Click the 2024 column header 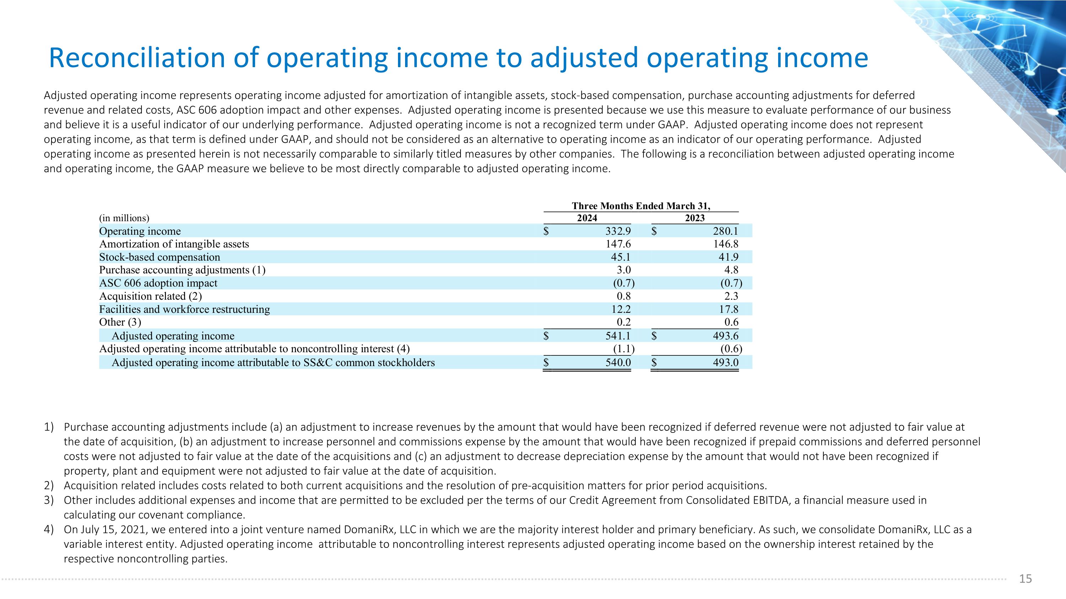pos(587,218)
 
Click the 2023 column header pos(694,218)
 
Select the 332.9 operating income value pos(618,231)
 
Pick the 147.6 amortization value pos(618,244)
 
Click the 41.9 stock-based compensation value pos(728,257)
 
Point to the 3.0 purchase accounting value pos(624,270)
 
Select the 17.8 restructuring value pos(728,309)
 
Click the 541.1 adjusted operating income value pos(618,336)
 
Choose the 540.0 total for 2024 pos(618,363)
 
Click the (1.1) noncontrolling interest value pos(624,349)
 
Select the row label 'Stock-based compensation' pos(160,257)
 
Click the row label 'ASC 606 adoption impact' pos(158,283)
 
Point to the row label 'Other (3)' pos(120,322)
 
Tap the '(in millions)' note pos(124,218)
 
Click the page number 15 pos(1025,579)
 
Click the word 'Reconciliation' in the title pos(136,58)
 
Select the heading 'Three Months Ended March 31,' pos(641,206)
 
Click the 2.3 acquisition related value pos(731,296)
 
